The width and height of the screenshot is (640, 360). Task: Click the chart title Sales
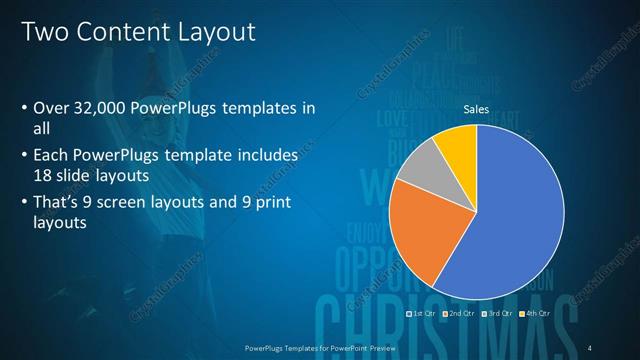(476, 110)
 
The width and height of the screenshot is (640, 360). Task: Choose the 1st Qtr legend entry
(421, 313)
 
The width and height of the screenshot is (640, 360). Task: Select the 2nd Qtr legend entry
(459, 313)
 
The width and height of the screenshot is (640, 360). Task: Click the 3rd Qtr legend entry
(497, 313)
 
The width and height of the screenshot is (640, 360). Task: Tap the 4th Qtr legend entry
(534, 313)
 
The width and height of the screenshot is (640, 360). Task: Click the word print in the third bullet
(278, 205)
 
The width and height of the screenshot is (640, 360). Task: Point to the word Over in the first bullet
(49, 109)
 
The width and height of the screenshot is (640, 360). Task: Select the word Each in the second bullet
(51, 156)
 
